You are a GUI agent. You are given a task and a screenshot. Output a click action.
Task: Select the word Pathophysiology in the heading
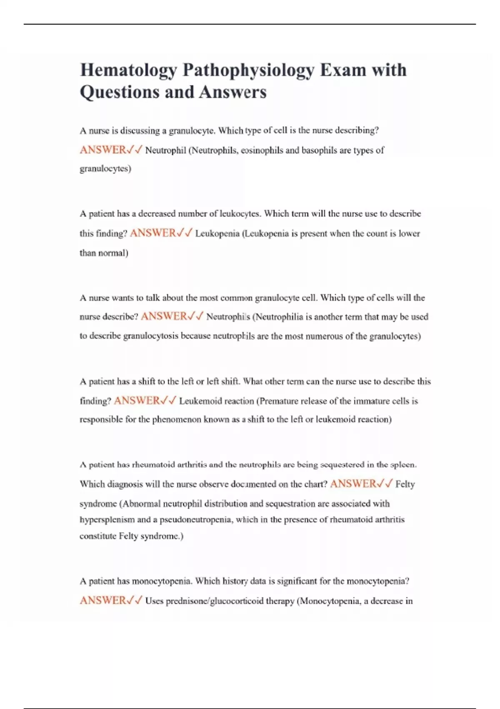tap(248, 70)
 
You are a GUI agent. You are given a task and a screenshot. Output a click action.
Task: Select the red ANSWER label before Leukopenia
tap(153, 233)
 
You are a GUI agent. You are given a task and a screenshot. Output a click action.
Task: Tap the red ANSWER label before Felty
tap(353, 484)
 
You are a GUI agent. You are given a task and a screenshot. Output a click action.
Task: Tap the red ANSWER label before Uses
tap(103, 601)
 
